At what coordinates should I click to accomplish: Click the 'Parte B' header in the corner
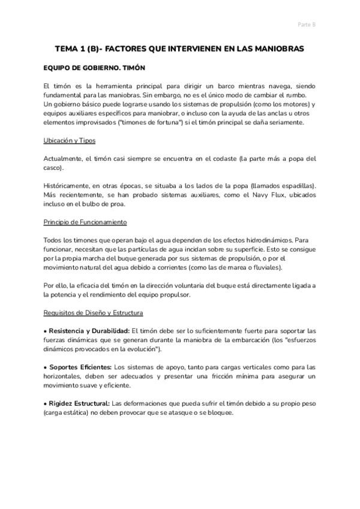pos(307,25)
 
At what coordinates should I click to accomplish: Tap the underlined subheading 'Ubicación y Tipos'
pos(70,140)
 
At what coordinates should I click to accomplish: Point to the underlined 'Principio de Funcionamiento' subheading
pos(85,221)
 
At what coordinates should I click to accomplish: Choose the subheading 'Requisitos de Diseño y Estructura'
pos(93,312)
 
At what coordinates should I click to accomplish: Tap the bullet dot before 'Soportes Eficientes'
pos(46,367)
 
